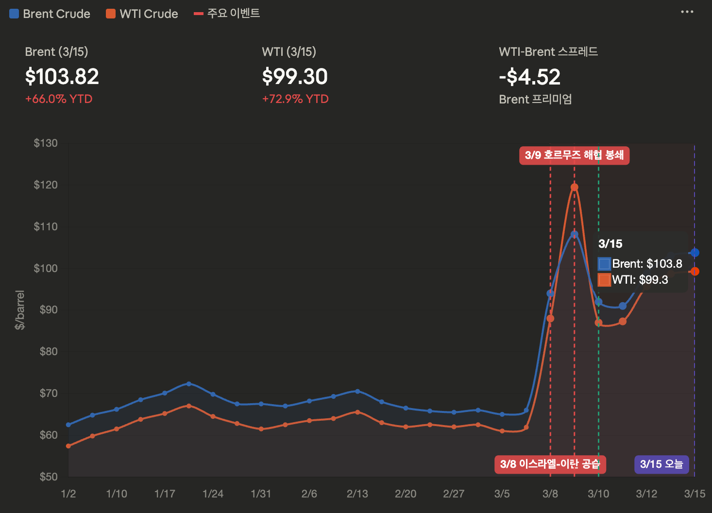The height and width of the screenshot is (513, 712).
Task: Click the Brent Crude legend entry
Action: [x=50, y=14]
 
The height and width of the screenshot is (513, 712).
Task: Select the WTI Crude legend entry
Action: [x=142, y=14]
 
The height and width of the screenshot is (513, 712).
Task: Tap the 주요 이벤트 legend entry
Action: [x=227, y=14]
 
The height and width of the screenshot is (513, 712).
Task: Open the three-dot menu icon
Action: [x=687, y=12]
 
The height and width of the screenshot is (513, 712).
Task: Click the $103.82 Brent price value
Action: [x=62, y=77]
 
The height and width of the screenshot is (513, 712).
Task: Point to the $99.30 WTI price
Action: [x=295, y=77]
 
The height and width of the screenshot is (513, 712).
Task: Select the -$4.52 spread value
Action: [x=530, y=77]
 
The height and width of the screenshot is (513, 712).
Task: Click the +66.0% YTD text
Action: [x=59, y=99]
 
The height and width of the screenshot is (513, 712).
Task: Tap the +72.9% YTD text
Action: [x=295, y=99]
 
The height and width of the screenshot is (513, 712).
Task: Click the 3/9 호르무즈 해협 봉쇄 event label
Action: [x=574, y=155]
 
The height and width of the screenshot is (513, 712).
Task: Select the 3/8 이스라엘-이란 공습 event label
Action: [x=550, y=464]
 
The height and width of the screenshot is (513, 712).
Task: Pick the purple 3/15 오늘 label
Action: [x=661, y=464]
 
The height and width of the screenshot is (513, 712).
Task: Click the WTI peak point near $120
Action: [x=574, y=187]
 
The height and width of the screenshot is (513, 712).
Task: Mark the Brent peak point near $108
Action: [x=574, y=235]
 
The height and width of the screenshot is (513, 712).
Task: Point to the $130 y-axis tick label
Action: [x=46, y=143]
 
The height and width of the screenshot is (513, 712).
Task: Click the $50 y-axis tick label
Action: [x=48, y=477]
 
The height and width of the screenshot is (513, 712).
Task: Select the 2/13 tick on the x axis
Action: [x=357, y=494]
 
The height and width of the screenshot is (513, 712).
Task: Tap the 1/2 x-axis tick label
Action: [x=68, y=494]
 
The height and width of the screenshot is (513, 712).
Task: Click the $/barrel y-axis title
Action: [x=20, y=310]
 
